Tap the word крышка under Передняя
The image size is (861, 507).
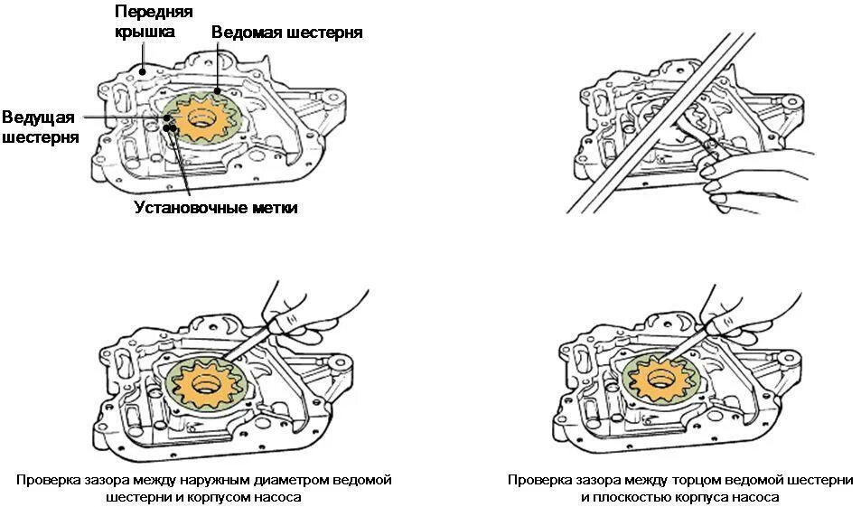[145, 32]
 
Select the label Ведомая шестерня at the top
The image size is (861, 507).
[287, 33]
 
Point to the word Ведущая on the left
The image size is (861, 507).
[37, 117]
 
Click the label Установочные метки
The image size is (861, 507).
[216, 207]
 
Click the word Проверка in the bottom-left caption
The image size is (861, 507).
[47, 479]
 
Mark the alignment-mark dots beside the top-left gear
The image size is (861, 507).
[169, 127]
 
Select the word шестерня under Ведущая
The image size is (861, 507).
[40, 137]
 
